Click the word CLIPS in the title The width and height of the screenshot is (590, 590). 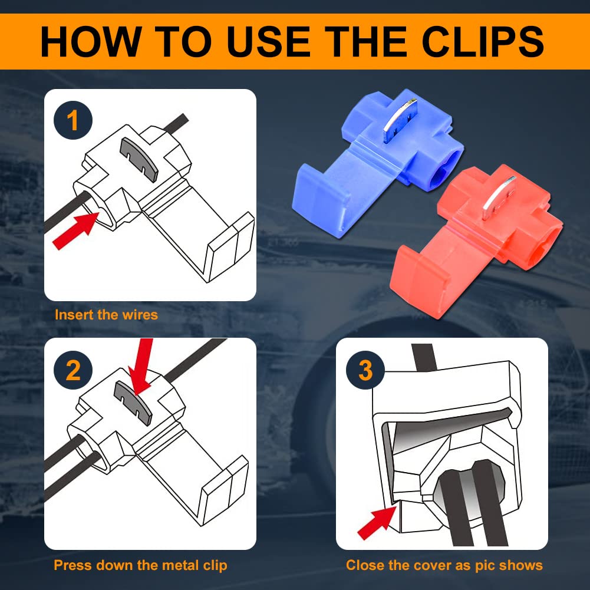pyautogui.click(x=483, y=41)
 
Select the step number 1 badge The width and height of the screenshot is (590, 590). pyautogui.click(x=73, y=120)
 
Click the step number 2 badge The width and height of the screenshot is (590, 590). pyautogui.click(x=73, y=370)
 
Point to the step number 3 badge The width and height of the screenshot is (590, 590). pyautogui.click(x=365, y=370)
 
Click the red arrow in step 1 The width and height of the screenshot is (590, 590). pyautogui.click(x=76, y=230)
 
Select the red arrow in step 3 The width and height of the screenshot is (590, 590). pyautogui.click(x=377, y=523)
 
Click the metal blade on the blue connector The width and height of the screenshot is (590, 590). pyautogui.click(x=399, y=120)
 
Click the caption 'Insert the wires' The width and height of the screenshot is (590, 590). pyautogui.click(x=106, y=315)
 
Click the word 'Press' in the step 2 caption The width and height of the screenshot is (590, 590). pyautogui.click(x=70, y=565)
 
